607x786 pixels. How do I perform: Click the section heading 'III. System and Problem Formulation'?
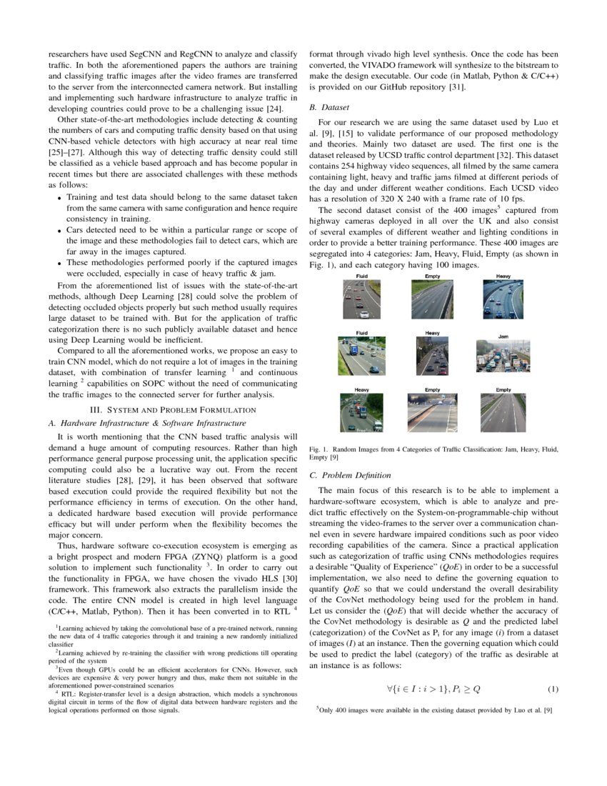171,409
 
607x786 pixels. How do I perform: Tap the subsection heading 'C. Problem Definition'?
349,475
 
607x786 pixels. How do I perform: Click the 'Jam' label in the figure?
503,336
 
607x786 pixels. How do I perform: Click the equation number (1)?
553,689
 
